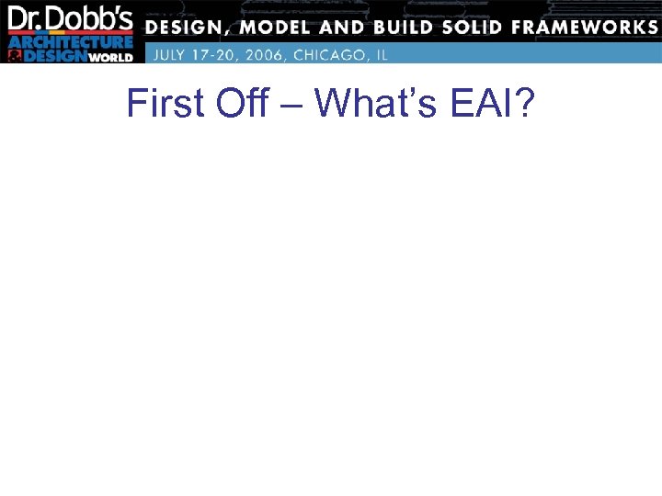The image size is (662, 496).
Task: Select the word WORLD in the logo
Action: tap(110, 57)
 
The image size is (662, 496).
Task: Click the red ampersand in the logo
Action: tap(14, 56)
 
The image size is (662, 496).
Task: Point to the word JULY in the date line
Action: tap(173, 54)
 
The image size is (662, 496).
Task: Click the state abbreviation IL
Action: tap(381, 54)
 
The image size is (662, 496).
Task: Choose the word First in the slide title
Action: tap(165, 104)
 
